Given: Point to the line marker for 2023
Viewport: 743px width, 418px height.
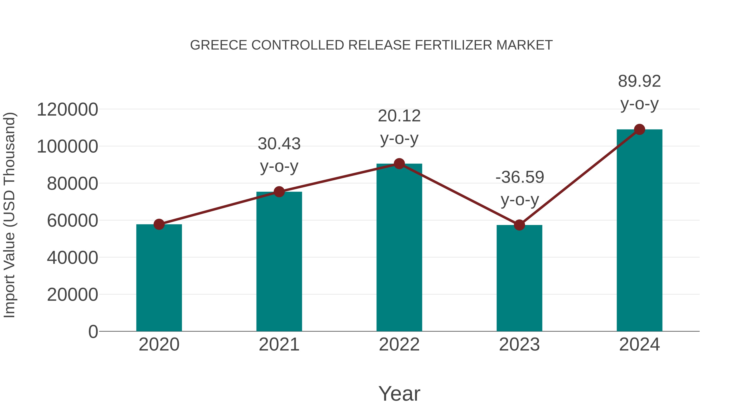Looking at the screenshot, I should (519, 225).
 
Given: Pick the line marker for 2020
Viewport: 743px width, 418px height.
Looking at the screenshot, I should (159, 224).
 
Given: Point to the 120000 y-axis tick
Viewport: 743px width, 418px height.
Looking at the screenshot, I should (67, 110).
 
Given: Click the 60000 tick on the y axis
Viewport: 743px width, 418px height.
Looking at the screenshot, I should (72, 221).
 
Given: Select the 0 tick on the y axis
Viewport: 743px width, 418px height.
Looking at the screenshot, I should (93, 332).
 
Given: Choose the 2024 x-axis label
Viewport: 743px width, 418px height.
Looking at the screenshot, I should (639, 345).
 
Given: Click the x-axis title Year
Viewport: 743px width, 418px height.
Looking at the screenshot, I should (399, 394).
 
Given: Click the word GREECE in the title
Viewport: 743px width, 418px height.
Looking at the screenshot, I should (219, 45).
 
